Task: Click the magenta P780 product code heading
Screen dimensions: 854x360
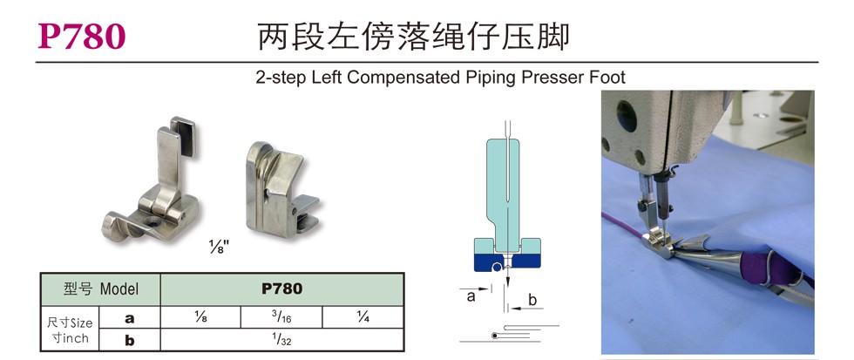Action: [x=82, y=37]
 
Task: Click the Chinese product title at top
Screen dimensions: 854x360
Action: [x=413, y=37]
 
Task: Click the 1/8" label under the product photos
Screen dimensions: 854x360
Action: [x=220, y=248]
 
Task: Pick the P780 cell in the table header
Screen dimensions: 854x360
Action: [x=281, y=289]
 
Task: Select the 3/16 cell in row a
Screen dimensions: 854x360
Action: [x=281, y=317]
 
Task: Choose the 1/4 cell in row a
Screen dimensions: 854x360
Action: [x=363, y=317]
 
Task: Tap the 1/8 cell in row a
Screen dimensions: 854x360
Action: [x=200, y=317]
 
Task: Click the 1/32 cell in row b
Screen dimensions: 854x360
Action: [x=281, y=340]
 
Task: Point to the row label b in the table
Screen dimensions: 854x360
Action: [x=130, y=341]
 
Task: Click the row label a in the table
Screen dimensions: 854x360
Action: [x=130, y=318]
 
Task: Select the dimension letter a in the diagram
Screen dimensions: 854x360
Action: [x=471, y=296]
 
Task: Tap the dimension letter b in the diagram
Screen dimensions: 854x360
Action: [x=532, y=299]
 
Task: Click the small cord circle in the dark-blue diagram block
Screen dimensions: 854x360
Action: [x=496, y=267]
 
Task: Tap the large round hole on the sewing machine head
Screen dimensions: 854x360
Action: [x=627, y=116]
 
